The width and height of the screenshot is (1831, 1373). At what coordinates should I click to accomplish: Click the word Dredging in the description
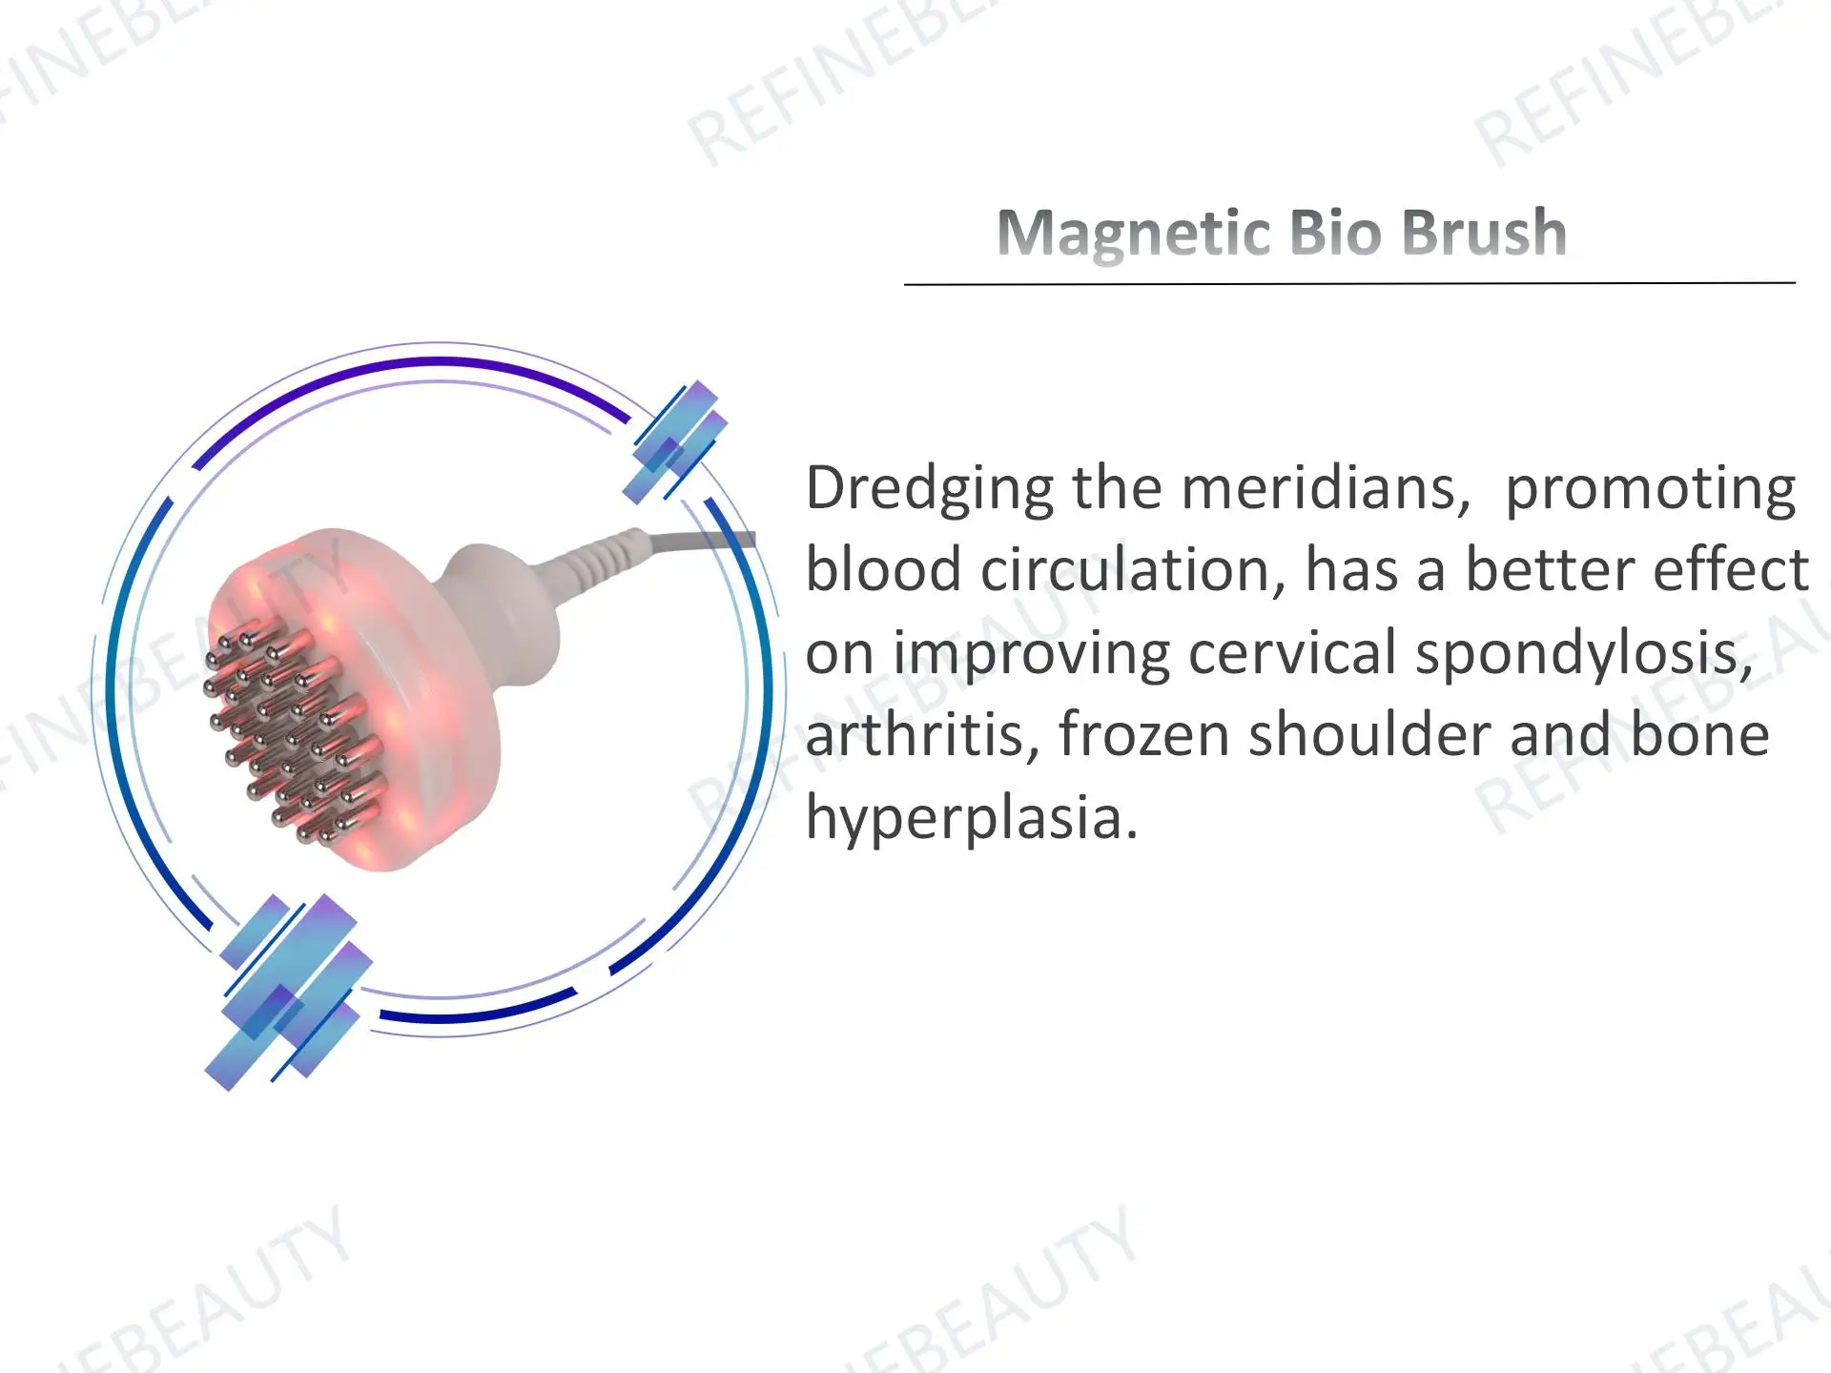pos(929,490)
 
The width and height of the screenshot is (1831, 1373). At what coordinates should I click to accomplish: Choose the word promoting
pos(1650,490)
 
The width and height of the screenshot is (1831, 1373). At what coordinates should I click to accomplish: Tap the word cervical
pos(1292,654)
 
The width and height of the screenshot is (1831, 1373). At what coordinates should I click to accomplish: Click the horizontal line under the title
pos(1348,283)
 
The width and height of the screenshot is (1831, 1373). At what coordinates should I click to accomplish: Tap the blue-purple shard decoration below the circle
pos(286,992)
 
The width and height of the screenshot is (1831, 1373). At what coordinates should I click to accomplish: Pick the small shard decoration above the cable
pos(675,441)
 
